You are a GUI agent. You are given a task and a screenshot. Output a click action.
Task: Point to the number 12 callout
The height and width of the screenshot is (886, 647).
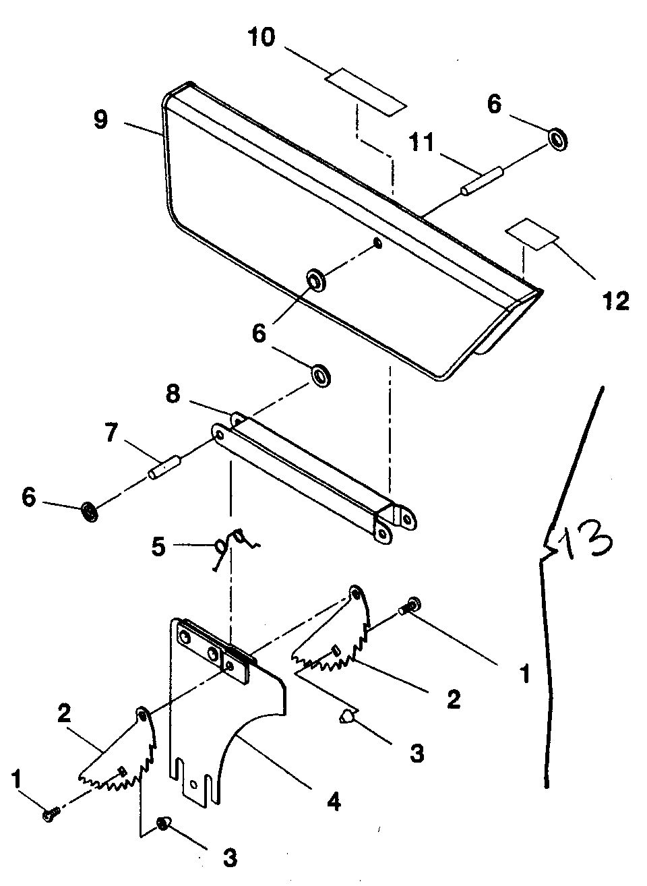615,300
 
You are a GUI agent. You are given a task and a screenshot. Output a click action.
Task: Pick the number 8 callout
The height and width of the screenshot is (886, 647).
173,394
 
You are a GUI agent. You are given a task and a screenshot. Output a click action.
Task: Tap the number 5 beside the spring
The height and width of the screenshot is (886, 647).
158,546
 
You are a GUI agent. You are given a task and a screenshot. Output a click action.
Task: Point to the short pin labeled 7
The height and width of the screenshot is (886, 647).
164,467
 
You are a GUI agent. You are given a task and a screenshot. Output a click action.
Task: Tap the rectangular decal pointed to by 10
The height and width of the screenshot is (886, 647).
366,91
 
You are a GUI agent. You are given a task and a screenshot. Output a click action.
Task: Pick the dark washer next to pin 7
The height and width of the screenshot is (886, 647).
89,512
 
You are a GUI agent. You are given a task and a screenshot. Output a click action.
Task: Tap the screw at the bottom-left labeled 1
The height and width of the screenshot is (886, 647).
49,815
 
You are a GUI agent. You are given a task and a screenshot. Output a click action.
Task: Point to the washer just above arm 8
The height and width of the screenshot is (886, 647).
320,375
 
